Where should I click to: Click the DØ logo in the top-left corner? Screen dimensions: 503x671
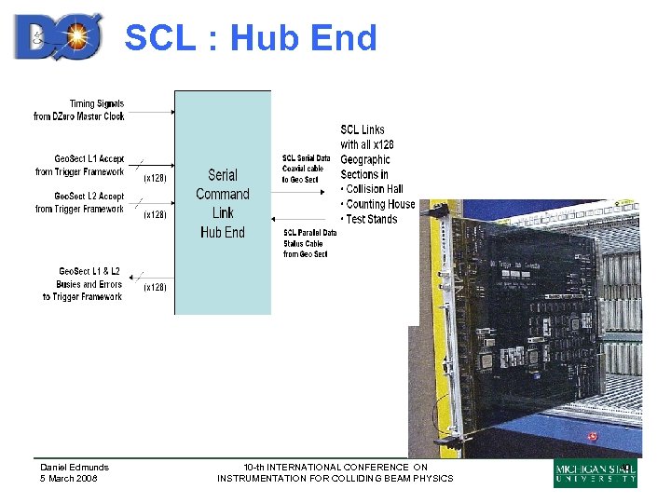point(58,36)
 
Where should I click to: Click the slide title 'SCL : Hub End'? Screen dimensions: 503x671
point(251,38)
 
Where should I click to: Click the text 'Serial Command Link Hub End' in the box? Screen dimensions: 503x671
point(223,203)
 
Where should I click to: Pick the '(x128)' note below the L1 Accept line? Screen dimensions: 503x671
point(155,178)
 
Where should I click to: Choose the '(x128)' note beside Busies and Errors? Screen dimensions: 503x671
point(155,288)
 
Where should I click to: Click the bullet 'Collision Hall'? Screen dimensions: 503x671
point(374,189)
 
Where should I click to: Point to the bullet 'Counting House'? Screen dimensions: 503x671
point(379,204)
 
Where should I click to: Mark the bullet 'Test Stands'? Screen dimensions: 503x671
point(371,219)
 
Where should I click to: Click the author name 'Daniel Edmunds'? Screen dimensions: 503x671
point(75,468)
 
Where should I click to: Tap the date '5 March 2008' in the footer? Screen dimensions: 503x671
point(68,479)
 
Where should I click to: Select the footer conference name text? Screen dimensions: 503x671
point(335,473)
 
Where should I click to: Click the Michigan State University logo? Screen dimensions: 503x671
point(596,473)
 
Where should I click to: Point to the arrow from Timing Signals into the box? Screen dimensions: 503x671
point(150,112)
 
